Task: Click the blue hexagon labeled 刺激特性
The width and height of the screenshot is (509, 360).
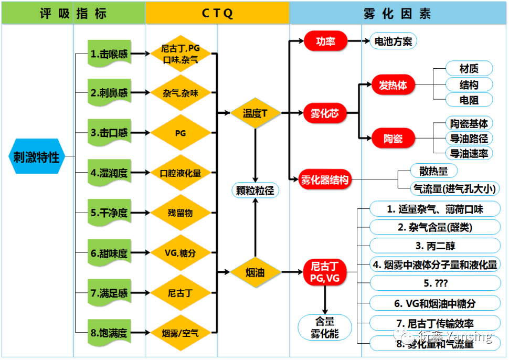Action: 36,156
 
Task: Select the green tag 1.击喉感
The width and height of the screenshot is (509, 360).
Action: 109,54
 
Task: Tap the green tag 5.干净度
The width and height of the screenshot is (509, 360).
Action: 109,213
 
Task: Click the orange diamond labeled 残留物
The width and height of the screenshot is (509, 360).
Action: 181,213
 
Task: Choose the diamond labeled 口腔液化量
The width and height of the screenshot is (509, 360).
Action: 181,173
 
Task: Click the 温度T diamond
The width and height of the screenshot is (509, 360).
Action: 256,112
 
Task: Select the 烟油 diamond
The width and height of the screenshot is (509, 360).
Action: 256,272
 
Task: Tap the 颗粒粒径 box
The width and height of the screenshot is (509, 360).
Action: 256,190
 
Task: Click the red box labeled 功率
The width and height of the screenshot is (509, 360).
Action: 325,41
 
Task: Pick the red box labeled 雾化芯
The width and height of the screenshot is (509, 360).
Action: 325,112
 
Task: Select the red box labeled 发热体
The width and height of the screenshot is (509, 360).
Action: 393,85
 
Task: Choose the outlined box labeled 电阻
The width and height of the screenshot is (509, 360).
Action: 469,99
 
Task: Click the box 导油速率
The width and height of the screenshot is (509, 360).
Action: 469,153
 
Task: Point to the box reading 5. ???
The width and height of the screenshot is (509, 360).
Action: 435,283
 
